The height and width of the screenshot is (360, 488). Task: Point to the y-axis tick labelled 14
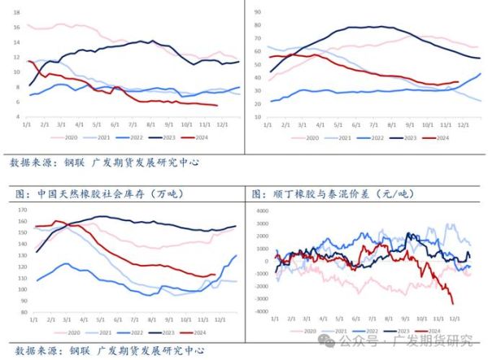pyautogui.click(x=15, y=42)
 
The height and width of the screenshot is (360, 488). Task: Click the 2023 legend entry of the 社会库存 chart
pyautogui.click(x=159, y=332)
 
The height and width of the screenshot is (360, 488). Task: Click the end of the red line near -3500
pyautogui.click(x=452, y=304)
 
